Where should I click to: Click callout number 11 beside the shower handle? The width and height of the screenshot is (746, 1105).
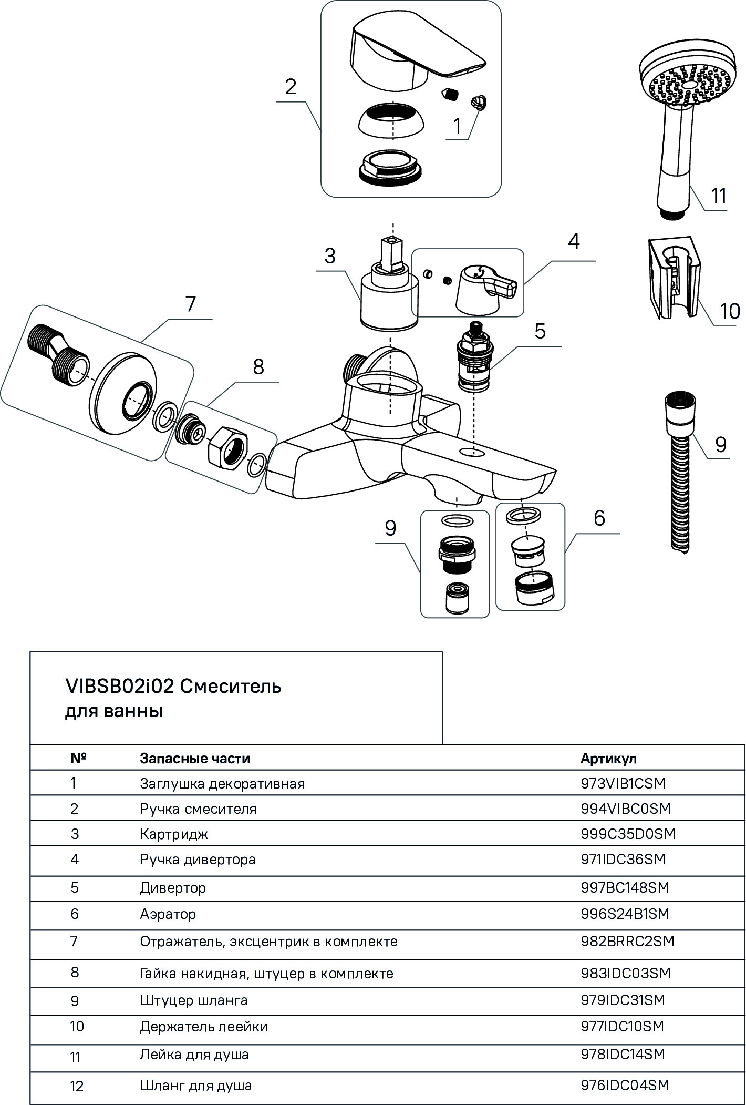718,196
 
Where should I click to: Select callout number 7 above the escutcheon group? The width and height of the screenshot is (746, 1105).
190,304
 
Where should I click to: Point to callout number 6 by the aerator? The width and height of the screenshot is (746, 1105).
599,518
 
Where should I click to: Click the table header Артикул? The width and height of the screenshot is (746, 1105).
608,759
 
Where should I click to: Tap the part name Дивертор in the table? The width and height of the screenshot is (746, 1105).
173,888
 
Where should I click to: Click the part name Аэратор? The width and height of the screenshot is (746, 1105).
168,914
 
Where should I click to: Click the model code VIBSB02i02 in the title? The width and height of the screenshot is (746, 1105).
119,687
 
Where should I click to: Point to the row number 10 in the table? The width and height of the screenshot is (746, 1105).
77,1027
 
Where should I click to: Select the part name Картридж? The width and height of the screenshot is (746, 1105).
174,834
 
